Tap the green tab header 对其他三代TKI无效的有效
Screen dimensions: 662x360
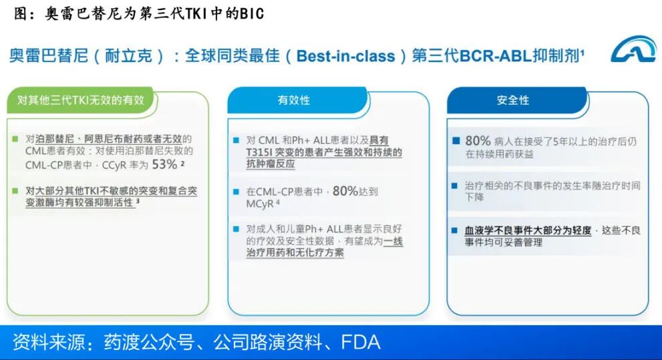click(81, 100)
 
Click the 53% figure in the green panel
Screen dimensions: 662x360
click(164, 164)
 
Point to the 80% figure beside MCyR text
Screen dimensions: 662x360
click(345, 191)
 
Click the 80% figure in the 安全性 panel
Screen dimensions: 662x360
click(478, 140)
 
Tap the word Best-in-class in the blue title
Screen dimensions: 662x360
click(345, 55)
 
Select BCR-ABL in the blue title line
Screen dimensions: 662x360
click(495, 55)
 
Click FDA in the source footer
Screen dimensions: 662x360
click(361, 342)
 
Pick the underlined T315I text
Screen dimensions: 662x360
click(259, 152)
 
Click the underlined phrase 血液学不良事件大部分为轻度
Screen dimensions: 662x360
click(528, 230)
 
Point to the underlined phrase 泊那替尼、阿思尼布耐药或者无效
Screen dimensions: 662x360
click(108, 139)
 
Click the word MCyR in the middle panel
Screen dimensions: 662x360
click(260, 204)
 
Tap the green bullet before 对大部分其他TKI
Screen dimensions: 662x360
click(15, 191)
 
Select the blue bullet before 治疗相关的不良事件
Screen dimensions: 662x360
click(454, 186)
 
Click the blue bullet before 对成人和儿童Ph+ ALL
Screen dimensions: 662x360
click(236, 229)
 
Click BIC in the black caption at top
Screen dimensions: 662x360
click(252, 14)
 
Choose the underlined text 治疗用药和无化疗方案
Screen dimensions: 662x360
click(295, 253)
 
